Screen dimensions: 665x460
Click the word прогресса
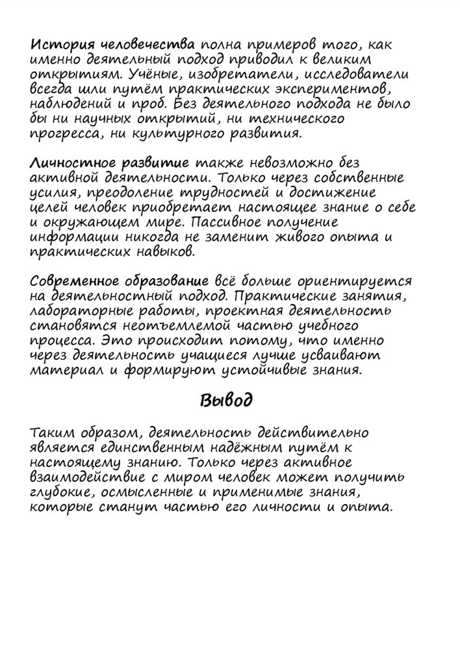pyautogui.click(x=62, y=134)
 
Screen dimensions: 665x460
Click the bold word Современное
pyautogui.click(x=73, y=281)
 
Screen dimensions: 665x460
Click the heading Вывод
pyautogui.click(x=225, y=400)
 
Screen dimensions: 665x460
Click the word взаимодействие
pyautogui.click(x=81, y=477)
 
